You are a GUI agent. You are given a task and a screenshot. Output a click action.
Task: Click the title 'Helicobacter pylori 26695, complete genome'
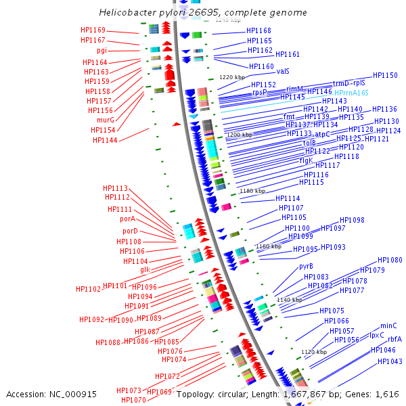pos(202,13)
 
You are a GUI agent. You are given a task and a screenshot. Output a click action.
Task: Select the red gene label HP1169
pos(93,30)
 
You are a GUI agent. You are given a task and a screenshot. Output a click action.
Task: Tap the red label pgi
pos(101,51)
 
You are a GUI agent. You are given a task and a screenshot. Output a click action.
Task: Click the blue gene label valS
pos(283,70)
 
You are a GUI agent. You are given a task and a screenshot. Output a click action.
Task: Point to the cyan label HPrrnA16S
pos(351,93)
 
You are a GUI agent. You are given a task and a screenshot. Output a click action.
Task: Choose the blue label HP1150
pos(385,76)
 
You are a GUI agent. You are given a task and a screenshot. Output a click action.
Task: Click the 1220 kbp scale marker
pos(232,77)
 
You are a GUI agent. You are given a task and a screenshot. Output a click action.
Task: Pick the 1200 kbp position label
pos(239,135)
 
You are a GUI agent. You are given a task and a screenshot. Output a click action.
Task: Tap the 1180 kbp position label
pos(253,191)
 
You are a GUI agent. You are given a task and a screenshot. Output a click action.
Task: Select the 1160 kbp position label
pos(268,246)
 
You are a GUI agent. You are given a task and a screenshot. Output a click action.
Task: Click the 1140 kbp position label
pos(289,300)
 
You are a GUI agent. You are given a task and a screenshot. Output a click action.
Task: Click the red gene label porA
pos(128,219)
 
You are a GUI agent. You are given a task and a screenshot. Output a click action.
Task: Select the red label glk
pos(145,269)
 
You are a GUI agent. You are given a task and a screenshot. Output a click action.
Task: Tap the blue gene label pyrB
pos(306,266)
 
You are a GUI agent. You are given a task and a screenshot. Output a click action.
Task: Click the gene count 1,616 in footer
pos(386,394)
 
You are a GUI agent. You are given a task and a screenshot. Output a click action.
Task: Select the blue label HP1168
pos(258,31)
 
